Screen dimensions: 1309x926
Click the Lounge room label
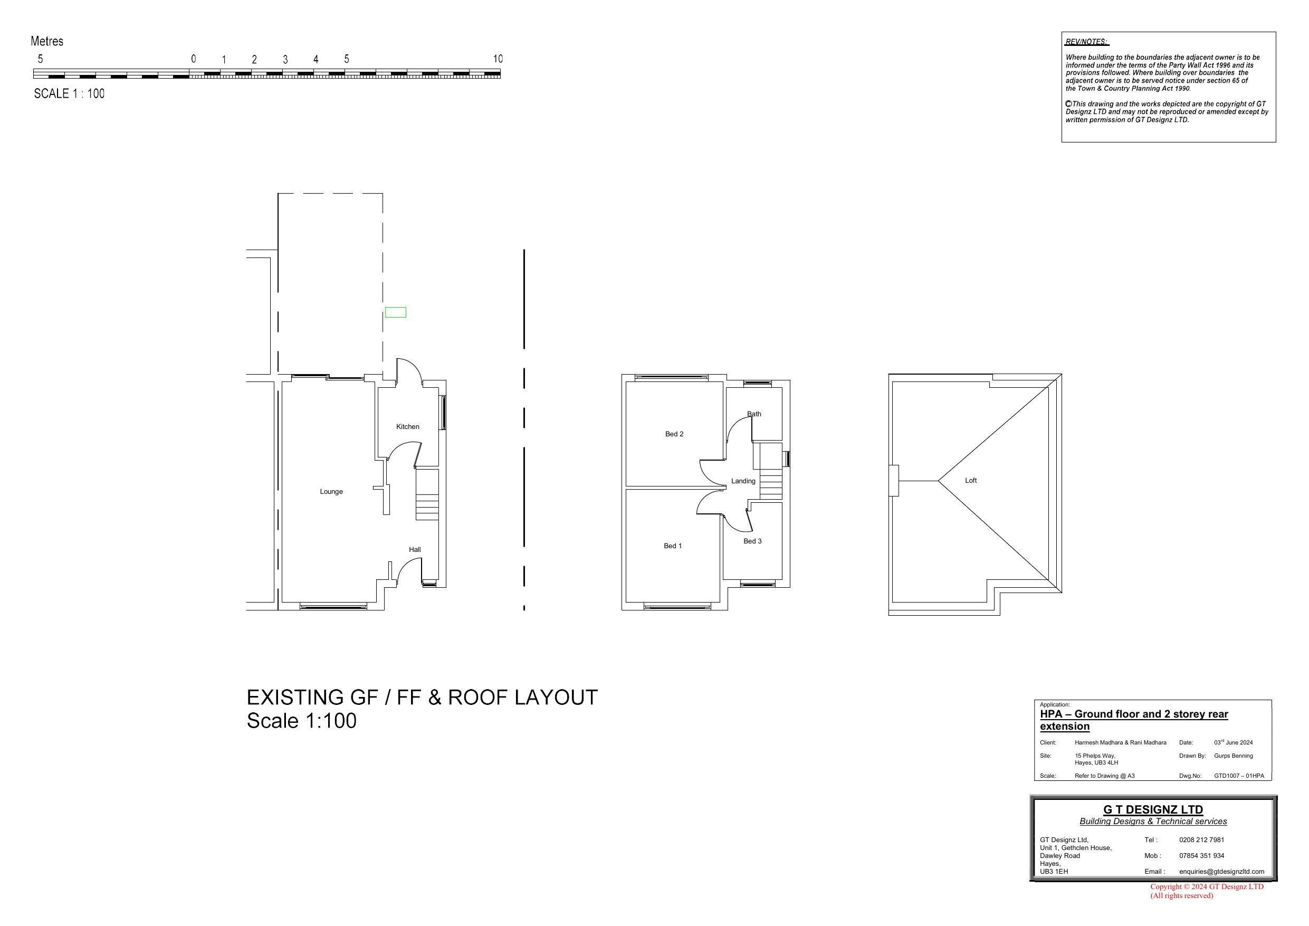tap(331, 492)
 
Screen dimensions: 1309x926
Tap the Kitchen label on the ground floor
tap(408, 426)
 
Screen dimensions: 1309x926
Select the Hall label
tap(415, 550)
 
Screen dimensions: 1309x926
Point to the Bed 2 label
tap(674, 434)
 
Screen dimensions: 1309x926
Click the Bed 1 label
tap(673, 546)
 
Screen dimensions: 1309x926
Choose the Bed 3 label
tap(752, 541)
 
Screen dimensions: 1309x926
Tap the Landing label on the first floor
tap(743, 481)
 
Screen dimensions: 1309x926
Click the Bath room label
tap(754, 414)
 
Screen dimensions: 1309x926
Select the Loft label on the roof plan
tap(971, 481)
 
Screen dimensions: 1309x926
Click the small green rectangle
tap(396, 312)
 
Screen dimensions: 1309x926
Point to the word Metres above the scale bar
tap(47, 41)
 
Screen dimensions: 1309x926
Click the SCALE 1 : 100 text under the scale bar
tap(70, 93)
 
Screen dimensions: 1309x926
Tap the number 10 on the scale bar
tap(498, 59)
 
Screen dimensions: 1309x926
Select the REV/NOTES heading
tap(1087, 42)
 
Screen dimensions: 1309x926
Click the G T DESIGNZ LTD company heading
tap(1153, 810)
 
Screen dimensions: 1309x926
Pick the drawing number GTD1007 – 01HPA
tap(1239, 776)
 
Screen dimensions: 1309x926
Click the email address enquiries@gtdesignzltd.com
tap(1222, 872)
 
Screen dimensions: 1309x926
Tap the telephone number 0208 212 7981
tap(1202, 840)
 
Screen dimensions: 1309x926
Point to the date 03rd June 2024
tap(1233, 742)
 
